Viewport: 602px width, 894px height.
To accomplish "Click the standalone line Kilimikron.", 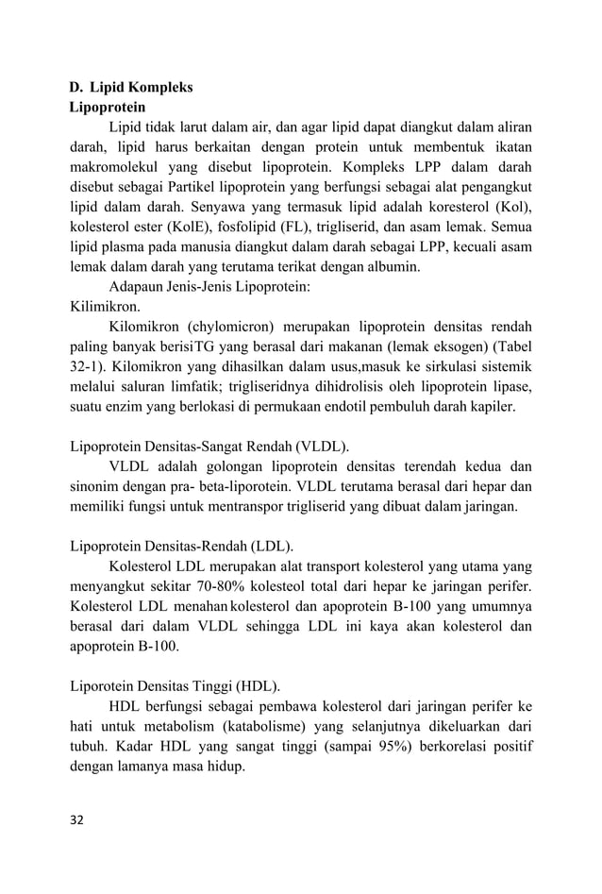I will click(x=106, y=306).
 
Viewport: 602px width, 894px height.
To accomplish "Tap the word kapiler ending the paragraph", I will click(x=492, y=406).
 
